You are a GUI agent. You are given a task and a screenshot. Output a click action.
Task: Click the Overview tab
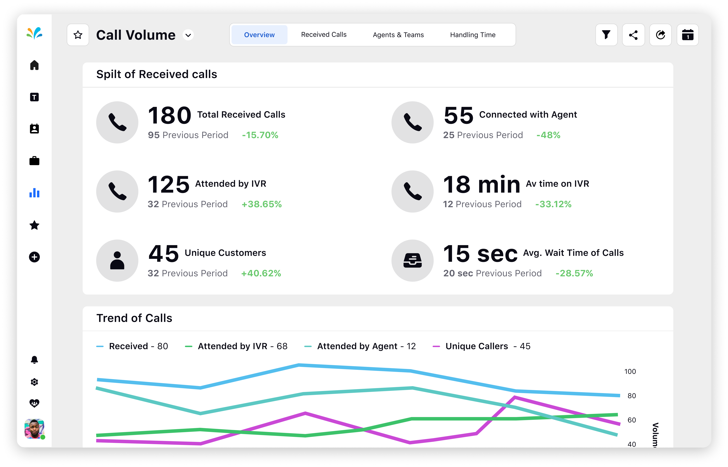259,35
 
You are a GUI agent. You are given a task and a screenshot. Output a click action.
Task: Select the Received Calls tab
324,35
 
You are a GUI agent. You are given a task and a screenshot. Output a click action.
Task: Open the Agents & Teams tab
398,35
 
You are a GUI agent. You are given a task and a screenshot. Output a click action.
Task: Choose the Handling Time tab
473,35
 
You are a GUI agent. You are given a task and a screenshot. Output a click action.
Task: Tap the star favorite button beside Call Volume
78,35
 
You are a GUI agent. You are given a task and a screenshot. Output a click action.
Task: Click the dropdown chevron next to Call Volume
188,35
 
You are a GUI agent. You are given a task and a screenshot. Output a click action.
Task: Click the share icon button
633,35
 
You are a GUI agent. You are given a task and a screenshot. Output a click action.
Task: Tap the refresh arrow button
660,35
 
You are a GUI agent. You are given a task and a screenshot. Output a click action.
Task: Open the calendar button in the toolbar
688,35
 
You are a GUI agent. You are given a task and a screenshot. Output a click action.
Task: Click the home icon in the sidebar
34,65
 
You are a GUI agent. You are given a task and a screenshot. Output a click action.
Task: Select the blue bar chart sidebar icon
34,193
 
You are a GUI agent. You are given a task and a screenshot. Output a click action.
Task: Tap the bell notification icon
34,360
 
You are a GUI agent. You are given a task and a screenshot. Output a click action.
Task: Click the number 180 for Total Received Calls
169,116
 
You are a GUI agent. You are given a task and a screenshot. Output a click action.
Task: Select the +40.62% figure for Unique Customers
261,273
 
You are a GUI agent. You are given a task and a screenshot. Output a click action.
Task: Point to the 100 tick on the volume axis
630,371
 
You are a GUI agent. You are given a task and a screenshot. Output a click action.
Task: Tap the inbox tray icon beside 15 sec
412,261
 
